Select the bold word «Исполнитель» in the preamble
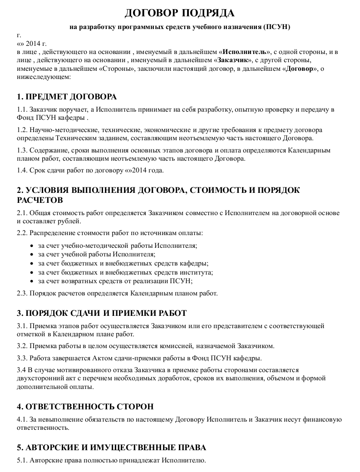(x=245, y=52)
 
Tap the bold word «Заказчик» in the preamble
(x=234, y=60)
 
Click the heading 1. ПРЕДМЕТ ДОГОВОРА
(x=67, y=97)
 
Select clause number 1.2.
(x=22, y=129)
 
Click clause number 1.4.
(x=22, y=171)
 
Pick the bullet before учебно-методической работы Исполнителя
(x=31, y=246)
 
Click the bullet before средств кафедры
(x=31, y=263)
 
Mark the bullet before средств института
(x=31, y=272)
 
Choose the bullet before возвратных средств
(x=31, y=281)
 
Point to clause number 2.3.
(x=22, y=293)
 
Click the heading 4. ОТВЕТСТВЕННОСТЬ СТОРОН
(x=85, y=406)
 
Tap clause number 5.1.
(x=22, y=460)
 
